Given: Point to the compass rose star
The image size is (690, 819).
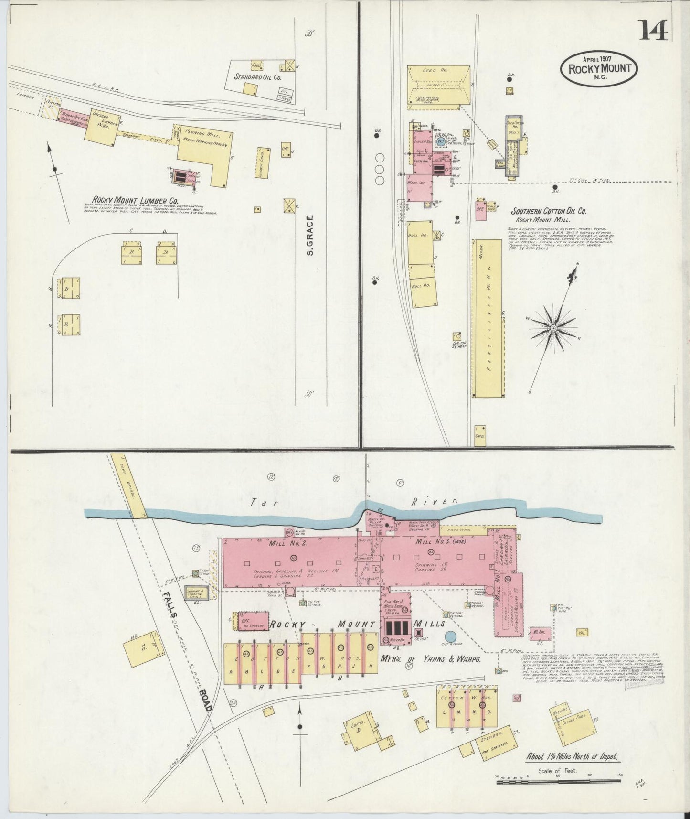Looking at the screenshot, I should (x=553, y=328).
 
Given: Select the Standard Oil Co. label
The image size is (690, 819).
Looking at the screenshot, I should (x=257, y=76).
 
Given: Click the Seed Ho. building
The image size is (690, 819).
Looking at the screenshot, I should (x=438, y=84).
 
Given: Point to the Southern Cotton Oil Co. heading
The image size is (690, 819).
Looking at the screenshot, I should (x=549, y=211).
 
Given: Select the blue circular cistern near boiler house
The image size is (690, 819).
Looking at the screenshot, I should (x=450, y=636).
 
